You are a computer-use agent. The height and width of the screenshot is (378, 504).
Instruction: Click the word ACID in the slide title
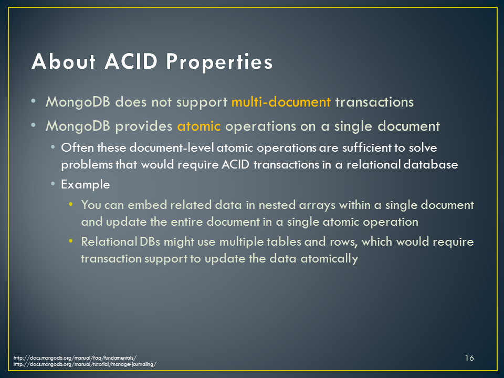coord(131,61)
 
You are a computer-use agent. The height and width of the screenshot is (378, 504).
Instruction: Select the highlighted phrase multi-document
coord(281,102)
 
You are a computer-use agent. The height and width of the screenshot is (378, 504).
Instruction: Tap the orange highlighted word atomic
coord(198,126)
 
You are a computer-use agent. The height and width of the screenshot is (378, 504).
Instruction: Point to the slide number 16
coord(469,358)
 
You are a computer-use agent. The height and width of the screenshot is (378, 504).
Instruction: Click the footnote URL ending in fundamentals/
coord(75,358)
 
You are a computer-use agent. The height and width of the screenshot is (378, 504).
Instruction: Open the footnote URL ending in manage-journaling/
coord(85,364)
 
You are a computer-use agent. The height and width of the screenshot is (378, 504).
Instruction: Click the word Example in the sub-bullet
coord(86,185)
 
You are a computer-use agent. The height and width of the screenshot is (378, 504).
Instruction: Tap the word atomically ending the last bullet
coord(329,259)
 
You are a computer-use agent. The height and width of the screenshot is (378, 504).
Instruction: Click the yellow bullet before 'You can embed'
coord(71,204)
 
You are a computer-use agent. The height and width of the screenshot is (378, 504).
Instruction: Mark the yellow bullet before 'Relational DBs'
coord(71,241)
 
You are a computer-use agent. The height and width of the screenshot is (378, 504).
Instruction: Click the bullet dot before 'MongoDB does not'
coord(34,101)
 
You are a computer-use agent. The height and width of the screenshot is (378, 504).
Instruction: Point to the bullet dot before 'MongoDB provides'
coord(34,125)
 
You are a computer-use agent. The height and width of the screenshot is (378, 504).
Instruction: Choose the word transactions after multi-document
coord(374,102)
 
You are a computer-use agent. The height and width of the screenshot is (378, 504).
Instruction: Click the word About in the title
coord(64,61)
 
